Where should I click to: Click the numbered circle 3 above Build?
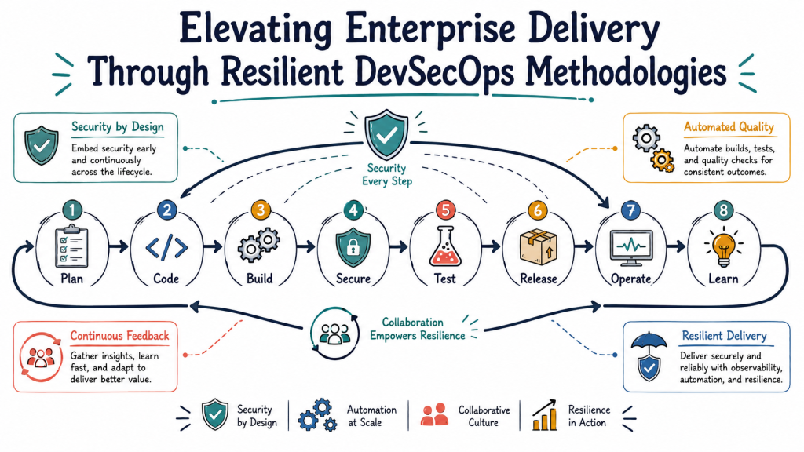[261, 210]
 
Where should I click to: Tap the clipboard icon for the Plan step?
[71, 246]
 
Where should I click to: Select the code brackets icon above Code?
[166, 247]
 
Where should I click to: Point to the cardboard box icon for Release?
[539, 247]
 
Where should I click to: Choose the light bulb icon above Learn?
[723, 247]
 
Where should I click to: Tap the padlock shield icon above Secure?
[353, 247]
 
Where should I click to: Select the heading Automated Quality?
[729, 127]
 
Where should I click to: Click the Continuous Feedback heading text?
[119, 336]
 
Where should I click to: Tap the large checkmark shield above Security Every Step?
[386, 134]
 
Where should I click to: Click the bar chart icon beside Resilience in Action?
[545, 415]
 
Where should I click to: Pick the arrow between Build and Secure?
[306, 247]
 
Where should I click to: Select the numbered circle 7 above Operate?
[630, 210]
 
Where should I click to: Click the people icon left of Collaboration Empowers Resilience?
[334, 334]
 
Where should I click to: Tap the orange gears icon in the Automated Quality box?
[662, 160]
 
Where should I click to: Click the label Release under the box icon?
[539, 279]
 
